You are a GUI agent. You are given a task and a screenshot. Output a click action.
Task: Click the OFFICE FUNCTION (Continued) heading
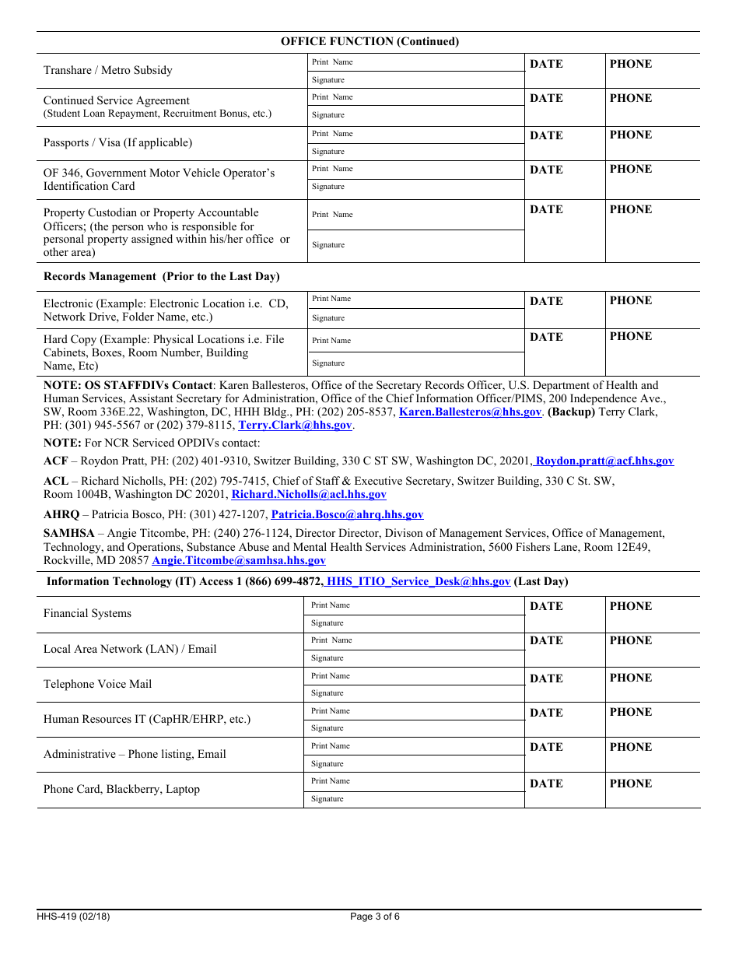(x=369, y=42)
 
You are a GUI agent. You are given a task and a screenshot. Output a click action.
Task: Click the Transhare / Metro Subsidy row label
(x=108, y=71)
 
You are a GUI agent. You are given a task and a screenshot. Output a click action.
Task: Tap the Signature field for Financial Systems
(x=414, y=623)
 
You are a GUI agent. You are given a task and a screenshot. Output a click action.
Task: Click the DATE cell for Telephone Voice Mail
(x=565, y=685)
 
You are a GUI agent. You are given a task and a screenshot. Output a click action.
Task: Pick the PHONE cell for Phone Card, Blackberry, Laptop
(x=652, y=790)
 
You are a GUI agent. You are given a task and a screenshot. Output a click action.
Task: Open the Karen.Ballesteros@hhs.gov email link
(x=470, y=412)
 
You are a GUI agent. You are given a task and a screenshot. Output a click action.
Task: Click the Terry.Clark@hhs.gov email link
(x=296, y=426)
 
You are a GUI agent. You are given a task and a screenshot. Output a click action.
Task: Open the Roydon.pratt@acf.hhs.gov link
(x=604, y=461)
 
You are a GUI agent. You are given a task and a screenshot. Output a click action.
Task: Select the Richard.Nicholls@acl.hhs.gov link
(x=309, y=495)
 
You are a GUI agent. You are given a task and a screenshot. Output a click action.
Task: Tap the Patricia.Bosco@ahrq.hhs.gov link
(x=347, y=515)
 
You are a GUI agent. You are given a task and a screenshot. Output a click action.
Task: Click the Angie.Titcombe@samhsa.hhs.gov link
(x=239, y=561)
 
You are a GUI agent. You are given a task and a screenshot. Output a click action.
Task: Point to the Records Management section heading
(x=161, y=277)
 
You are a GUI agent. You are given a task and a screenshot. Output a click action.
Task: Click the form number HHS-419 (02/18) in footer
(x=73, y=917)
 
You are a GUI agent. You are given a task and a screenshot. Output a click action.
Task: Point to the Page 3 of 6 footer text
(x=375, y=917)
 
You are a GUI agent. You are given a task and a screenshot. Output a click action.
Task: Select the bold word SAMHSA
(x=69, y=534)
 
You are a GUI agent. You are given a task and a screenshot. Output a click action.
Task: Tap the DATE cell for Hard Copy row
(x=565, y=352)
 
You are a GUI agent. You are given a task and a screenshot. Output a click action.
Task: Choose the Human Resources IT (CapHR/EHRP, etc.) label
(x=147, y=720)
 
